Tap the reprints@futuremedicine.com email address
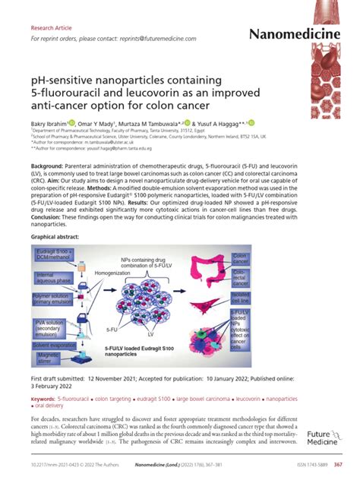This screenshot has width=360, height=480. [160, 39]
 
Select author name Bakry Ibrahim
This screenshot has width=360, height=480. [48, 123]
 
